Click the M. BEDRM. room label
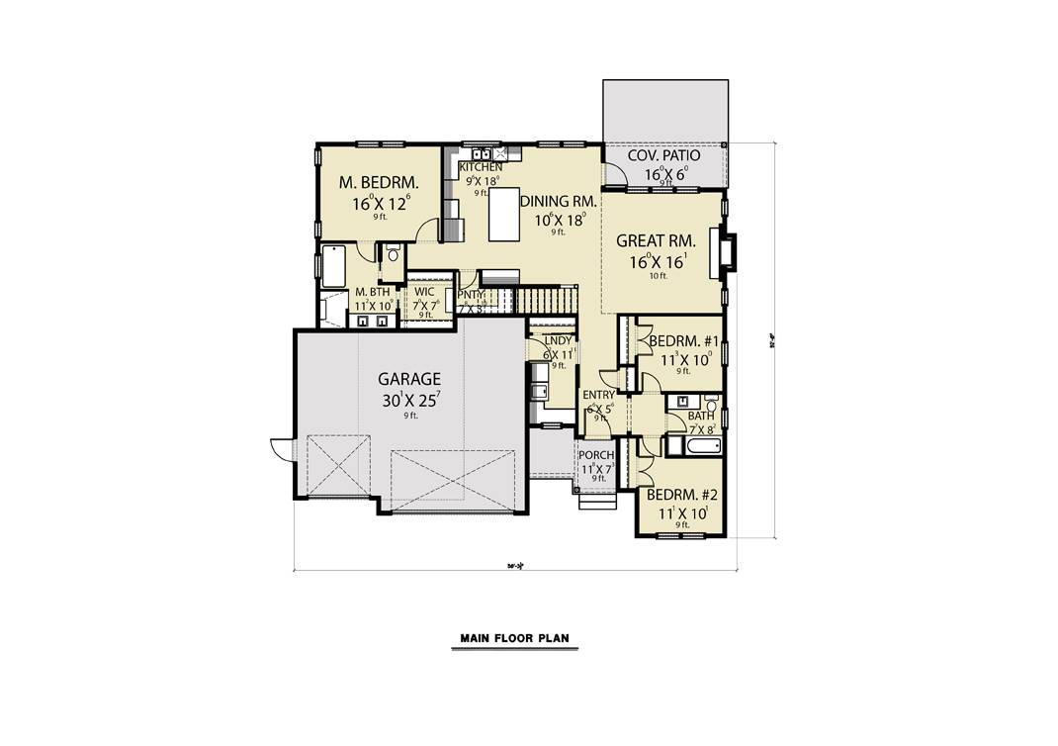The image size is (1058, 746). [x=379, y=183]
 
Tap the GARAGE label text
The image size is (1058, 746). [x=408, y=379]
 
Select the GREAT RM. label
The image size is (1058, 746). [x=657, y=240]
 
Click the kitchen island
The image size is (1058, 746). [x=507, y=215]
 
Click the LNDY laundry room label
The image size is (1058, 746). [x=558, y=341]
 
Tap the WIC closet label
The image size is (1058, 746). [x=424, y=293]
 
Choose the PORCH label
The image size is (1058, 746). [x=596, y=456]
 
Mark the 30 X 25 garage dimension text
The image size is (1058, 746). [x=408, y=401]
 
